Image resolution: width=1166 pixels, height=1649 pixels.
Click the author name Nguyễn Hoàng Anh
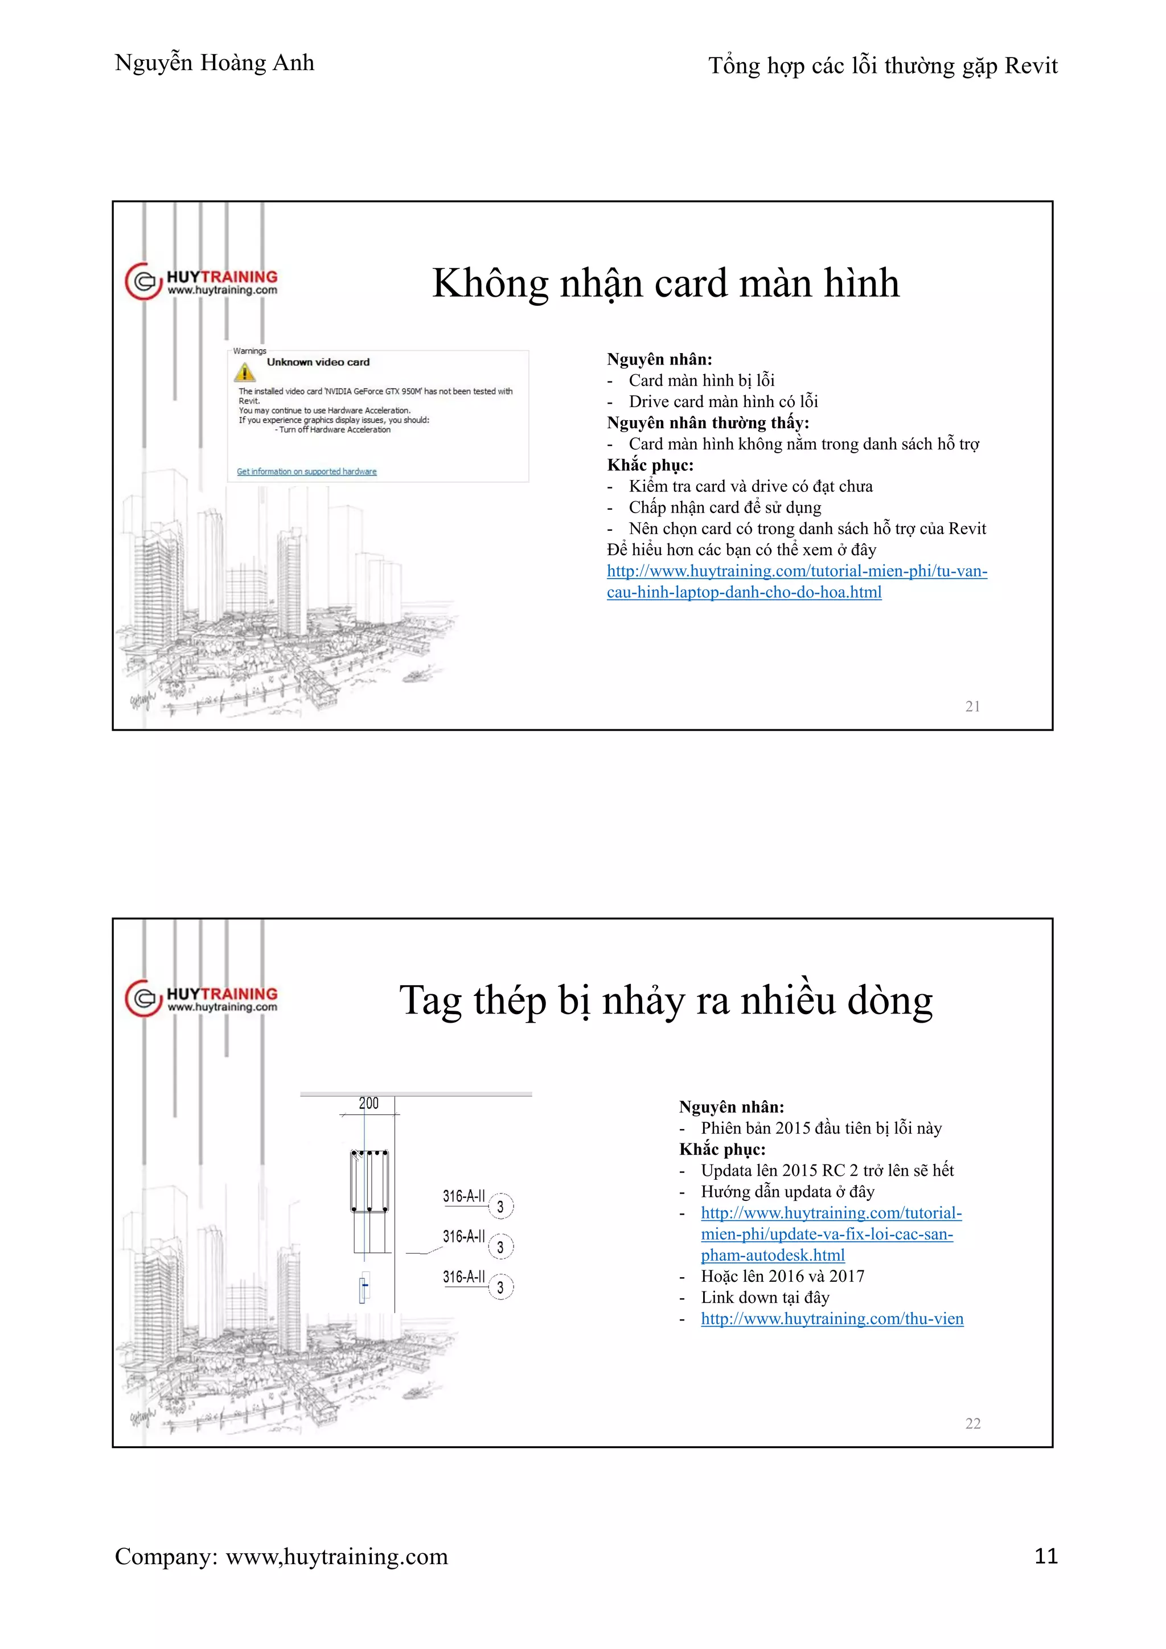point(214,63)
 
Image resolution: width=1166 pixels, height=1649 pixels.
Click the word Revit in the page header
point(1030,66)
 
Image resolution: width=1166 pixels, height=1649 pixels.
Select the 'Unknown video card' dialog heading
point(318,362)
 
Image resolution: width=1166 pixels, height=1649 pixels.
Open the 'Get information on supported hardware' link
point(306,472)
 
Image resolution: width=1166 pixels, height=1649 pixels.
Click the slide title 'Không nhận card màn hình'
point(665,283)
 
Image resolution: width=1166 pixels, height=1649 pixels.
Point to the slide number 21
point(972,707)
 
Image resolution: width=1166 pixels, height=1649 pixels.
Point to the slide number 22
point(972,1424)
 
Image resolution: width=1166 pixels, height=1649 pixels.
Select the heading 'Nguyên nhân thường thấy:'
point(707,423)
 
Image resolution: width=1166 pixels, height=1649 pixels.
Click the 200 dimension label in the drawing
point(368,1103)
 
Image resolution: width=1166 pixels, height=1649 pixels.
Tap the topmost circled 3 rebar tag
point(500,1207)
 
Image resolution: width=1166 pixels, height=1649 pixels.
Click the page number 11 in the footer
point(1045,1556)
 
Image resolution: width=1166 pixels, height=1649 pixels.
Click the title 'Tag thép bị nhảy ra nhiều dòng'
point(665,1000)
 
